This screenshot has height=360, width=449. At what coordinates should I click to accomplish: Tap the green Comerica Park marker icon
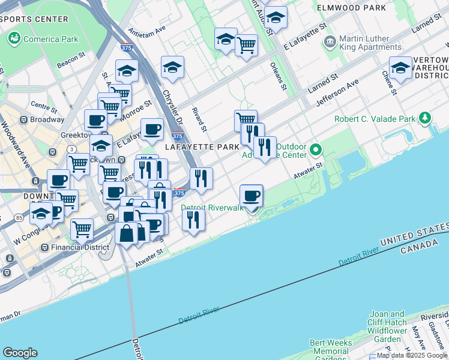pos(14,39)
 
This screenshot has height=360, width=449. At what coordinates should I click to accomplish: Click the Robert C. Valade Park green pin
pos(425,118)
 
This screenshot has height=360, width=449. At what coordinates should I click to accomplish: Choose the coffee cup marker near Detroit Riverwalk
pos(251,196)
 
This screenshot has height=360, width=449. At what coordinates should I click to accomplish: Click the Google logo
pos(20,353)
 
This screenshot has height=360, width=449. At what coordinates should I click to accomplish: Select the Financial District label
pos(80,247)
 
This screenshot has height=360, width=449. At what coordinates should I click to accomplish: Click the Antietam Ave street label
pos(147,30)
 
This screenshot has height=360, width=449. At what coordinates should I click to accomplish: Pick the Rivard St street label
pos(199,119)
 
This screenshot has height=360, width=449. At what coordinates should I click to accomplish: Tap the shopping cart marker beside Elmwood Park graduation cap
pos(246,45)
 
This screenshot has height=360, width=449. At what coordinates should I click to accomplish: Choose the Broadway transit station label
pos(47,119)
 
